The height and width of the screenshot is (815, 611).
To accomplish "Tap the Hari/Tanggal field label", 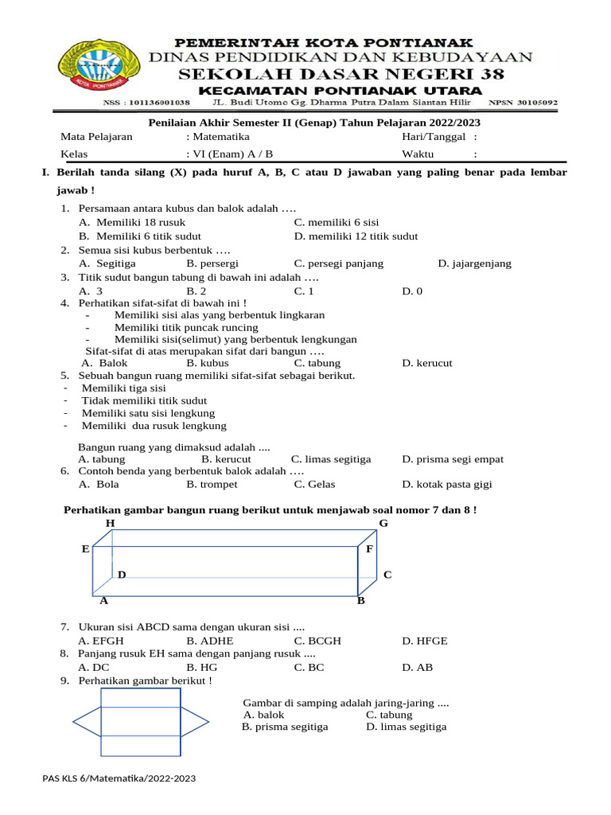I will [x=434, y=137].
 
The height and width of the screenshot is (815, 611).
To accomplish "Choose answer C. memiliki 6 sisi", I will [x=337, y=222].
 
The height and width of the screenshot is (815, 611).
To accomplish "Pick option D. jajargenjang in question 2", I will [x=474, y=263].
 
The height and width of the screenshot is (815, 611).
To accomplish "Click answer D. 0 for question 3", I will [x=412, y=291].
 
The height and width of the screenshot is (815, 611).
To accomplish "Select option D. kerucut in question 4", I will [x=427, y=363].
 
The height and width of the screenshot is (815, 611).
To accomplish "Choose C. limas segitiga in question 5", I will [x=331, y=459].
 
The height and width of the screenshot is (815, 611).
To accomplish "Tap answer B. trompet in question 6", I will [x=212, y=484].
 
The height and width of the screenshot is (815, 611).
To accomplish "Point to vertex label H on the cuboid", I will [x=111, y=523].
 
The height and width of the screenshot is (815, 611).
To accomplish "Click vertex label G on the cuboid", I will [x=383, y=523].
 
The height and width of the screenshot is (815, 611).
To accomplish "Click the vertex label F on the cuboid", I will [x=369, y=549].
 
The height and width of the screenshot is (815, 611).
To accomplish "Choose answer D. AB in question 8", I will [x=418, y=667].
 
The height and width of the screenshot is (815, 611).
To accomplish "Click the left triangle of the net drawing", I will [x=87, y=721].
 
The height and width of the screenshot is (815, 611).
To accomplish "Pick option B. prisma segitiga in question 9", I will [x=285, y=727].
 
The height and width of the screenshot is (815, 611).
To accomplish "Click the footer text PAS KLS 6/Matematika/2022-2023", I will [x=119, y=778].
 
